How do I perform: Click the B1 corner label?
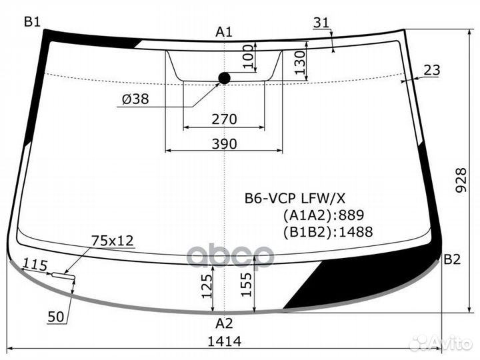click(x=33, y=21)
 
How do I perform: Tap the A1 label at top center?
click(x=224, y=31)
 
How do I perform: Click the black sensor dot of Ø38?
click(x=224, y=79)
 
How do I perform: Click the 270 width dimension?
click(x=225, y=119)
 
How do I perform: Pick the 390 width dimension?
click(x=225, y=144)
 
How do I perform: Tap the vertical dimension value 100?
click(x=247, y=57)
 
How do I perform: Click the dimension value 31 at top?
click(x=321, y=23)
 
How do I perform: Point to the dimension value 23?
click(x=432, y=70)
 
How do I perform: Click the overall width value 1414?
click(x=225, y=341)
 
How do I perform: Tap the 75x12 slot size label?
click(x=113, y=241)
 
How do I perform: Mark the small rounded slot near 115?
click(x=63, y=274)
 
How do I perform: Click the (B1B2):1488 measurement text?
click(x=327, y=232)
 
